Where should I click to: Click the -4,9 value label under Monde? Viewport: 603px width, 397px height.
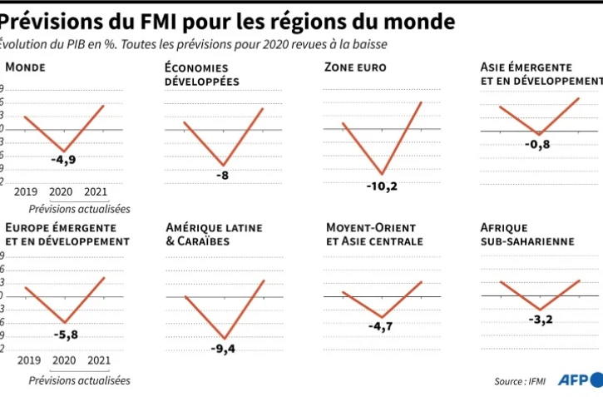tap(63, 160)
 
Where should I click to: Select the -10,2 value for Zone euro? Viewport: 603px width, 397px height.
tap(382, 186)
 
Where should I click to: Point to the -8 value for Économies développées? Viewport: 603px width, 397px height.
tap(222, 176)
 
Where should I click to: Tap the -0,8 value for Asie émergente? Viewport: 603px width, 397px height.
tap(538, 144)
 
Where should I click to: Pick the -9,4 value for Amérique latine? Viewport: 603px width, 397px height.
tap(223, 349)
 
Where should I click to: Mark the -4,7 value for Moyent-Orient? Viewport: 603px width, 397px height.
tap(382, 327)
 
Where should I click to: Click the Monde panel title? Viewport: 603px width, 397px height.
tap(25, 67)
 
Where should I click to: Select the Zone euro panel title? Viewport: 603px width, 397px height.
tap(356, 67)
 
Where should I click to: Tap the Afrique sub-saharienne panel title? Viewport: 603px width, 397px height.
tap(527, 235)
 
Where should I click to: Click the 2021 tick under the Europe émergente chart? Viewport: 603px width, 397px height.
tap(99, 360)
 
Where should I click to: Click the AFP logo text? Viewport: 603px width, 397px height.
tap(576, 380)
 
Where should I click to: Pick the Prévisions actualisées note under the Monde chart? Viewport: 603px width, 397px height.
tap(79, 209)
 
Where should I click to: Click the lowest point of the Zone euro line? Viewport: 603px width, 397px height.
tap(382, 174)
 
